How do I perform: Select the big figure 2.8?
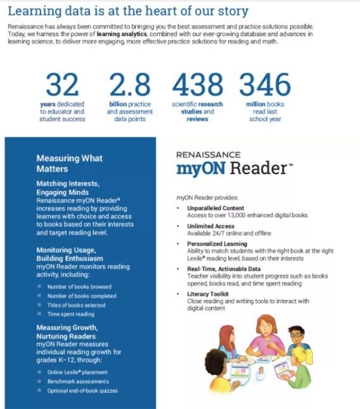[x=130, y=85]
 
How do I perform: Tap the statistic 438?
[x=197, y=85]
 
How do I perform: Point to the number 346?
[x=264, y=85]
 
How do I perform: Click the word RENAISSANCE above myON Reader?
[x=208, y=154]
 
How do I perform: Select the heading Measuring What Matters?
[x=69, y=163]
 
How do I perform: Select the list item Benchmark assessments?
[x=78, y=381]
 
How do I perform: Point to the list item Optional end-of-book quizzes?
[x=82, y=391]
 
